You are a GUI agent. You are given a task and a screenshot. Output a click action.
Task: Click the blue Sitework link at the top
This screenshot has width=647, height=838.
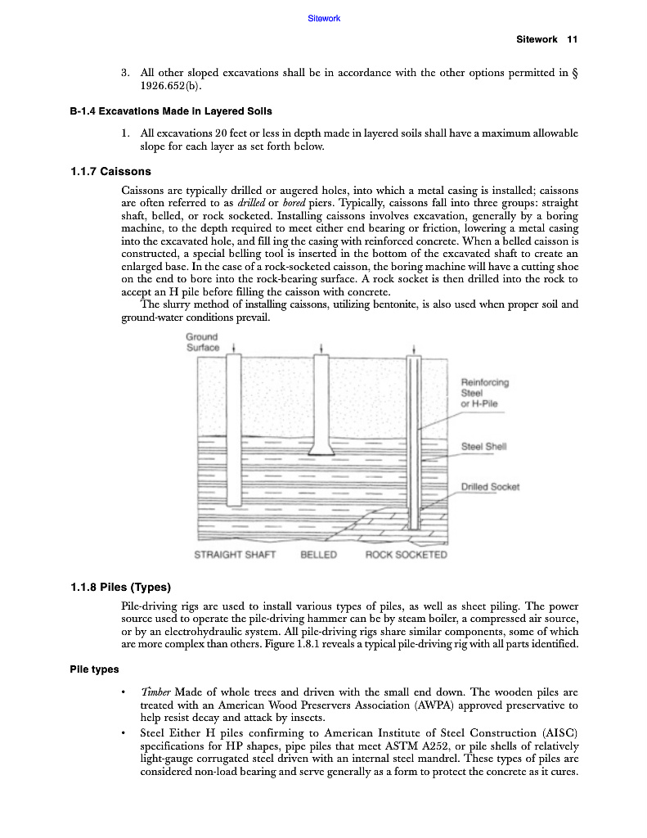[324, 18]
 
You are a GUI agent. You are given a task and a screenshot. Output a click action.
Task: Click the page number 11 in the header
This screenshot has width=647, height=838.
[573, 39]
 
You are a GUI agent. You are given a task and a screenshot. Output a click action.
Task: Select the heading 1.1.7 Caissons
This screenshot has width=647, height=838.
[110, 173]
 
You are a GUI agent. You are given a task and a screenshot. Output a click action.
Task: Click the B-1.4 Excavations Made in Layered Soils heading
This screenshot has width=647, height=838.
[171, 111]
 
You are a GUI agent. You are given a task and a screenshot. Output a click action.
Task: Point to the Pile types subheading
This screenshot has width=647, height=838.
[95, 669]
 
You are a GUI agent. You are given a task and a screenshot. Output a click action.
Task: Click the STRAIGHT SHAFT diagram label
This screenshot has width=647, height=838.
[235, 555]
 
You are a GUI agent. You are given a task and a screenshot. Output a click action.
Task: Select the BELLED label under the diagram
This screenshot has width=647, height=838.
[319, 555]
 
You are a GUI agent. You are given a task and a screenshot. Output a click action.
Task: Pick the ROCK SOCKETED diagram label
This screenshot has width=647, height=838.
[407, 555]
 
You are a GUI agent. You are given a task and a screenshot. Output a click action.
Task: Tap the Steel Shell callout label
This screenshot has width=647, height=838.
[484, 447]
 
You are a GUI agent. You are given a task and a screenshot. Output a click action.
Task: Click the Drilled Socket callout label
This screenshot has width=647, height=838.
[490, 487]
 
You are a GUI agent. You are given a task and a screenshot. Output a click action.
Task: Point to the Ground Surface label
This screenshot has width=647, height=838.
[202, 342]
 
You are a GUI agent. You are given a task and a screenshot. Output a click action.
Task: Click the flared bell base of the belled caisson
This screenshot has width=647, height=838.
[321, 449]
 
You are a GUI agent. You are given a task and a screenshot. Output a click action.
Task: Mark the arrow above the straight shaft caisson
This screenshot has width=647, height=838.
[235, 347]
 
